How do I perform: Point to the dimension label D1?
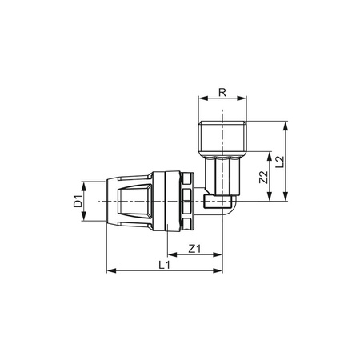click(78, 201)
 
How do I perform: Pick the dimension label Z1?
click(193, 248)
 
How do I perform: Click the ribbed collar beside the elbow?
click(185, 200)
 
